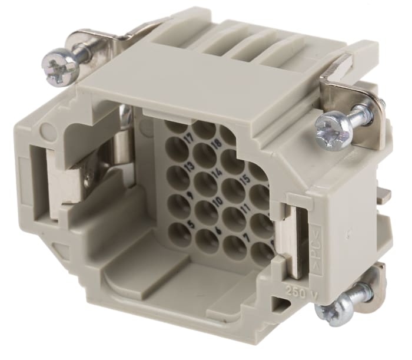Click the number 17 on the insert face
tap(190, 140)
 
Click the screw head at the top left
tap(61, 66)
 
